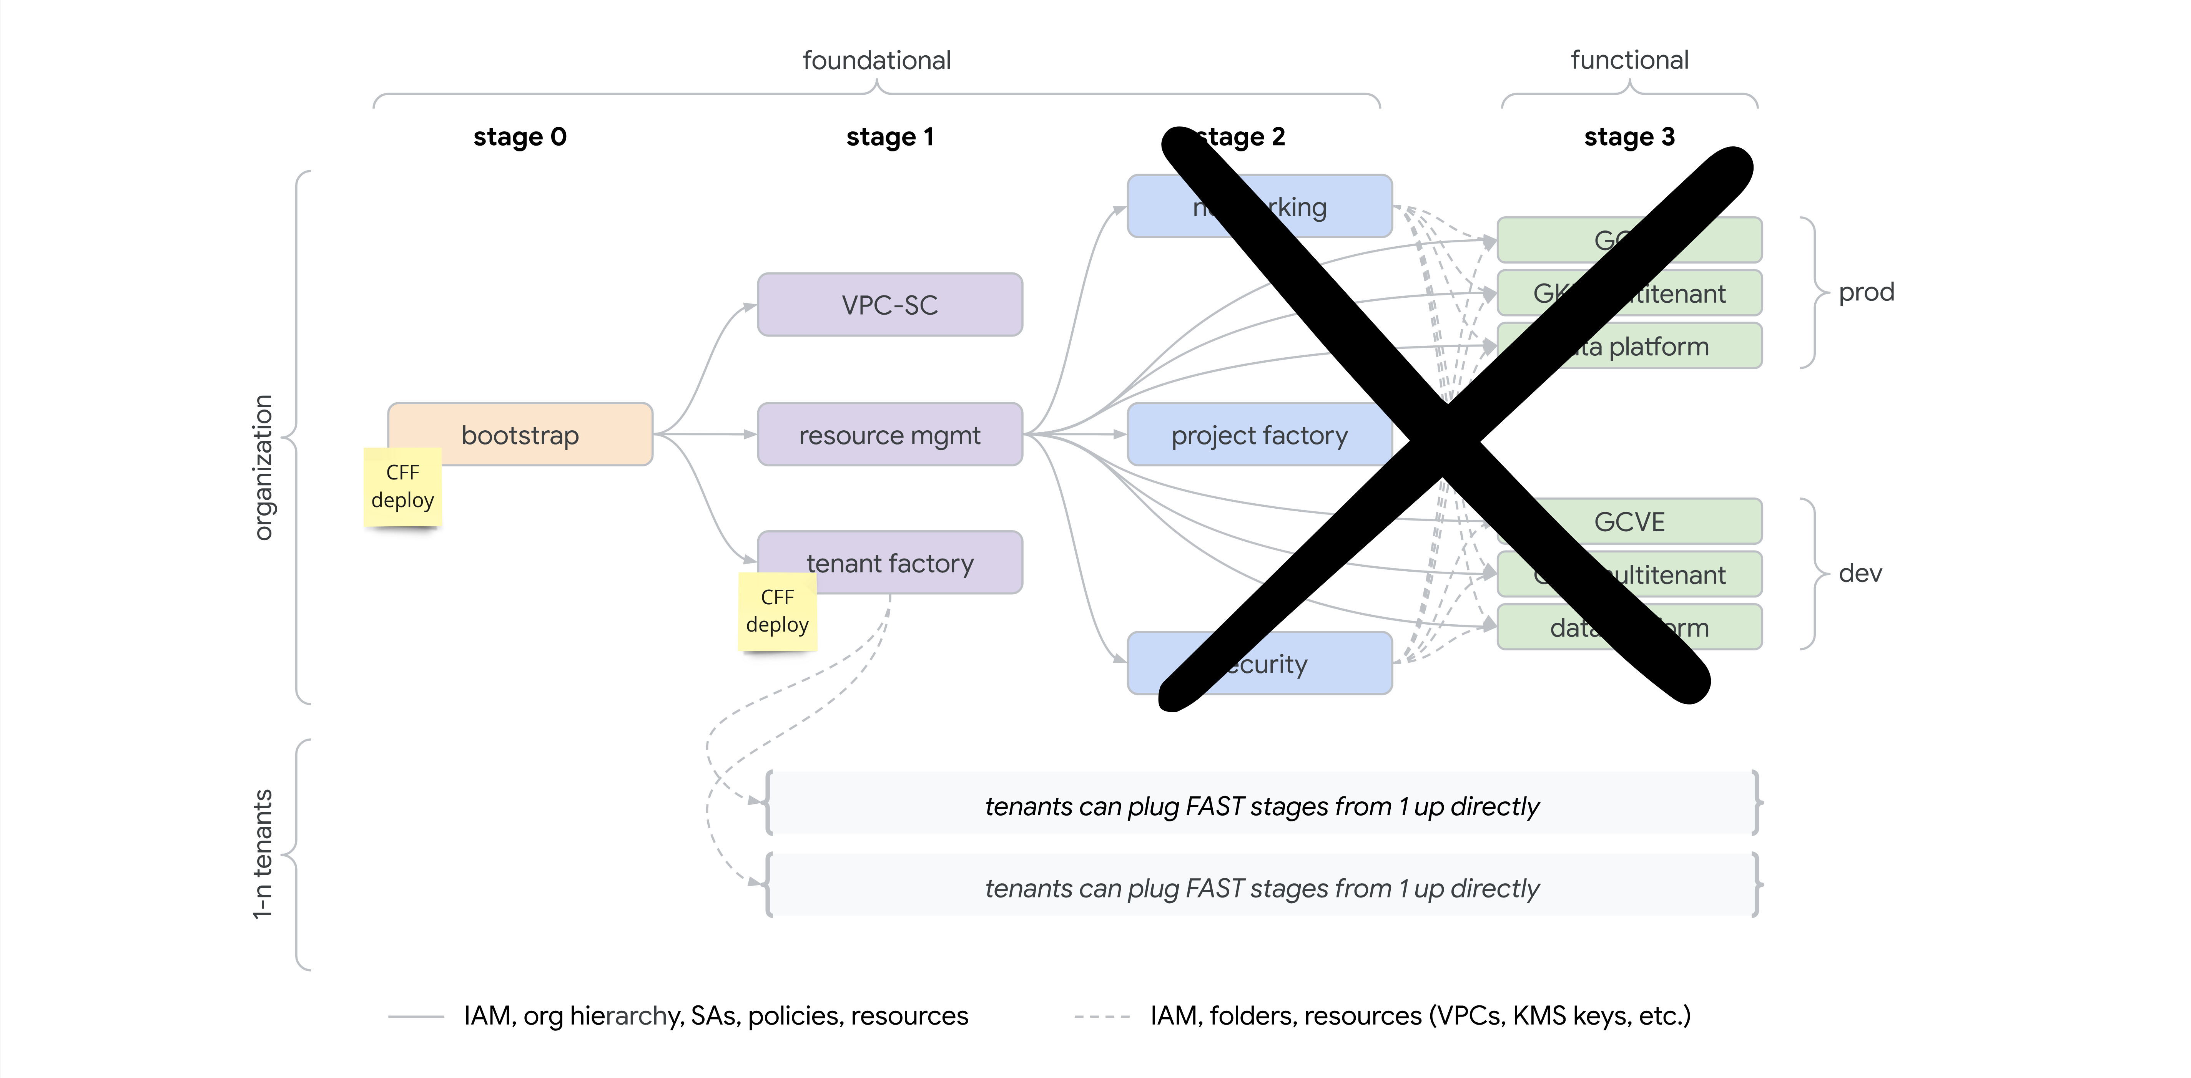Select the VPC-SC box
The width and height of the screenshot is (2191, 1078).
pos(890,304)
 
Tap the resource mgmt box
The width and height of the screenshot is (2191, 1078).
pos(890,435)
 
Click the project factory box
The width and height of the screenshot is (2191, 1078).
pos(1259,435)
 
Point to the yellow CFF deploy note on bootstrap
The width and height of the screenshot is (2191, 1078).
pos(402,486)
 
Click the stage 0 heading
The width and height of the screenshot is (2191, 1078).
pos(520,137)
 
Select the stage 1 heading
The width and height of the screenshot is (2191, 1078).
pos(890,137)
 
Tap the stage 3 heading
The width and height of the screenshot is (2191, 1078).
pos(1629,137)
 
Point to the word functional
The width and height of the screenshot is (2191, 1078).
pos(1629,60)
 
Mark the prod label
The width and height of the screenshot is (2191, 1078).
pos(1866,292)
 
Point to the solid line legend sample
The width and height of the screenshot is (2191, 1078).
pos(416,1016)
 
